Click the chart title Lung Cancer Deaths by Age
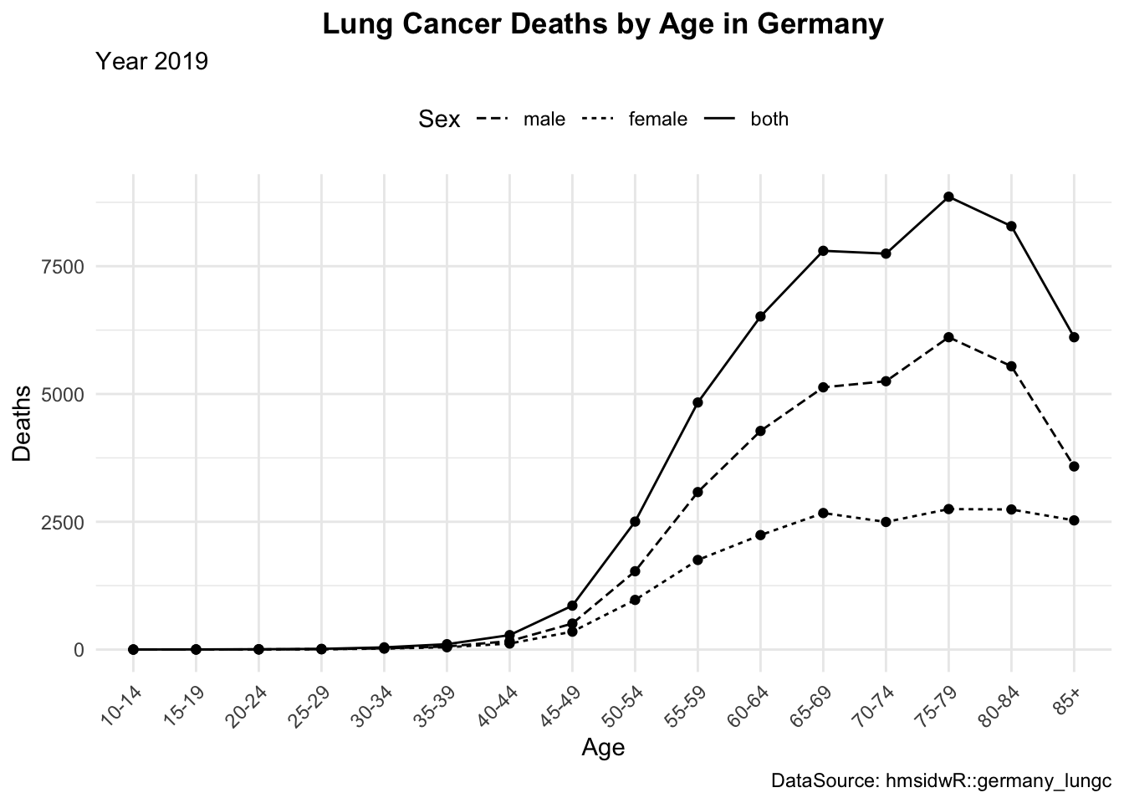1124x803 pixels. [x=602, y=25]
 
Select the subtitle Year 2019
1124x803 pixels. [x=151, y=62]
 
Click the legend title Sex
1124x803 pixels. [x=439, y=120]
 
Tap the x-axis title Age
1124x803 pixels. [x=603, y=747]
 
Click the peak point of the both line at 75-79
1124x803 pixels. [x=948, y=197]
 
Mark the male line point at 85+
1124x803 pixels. [x=1074, y=466]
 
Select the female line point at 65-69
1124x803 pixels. [x=823, y=513]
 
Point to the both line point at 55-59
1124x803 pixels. [x=697, y=402]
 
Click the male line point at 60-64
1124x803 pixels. [x=760, y=431]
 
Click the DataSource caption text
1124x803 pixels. [x=941, y=782]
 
